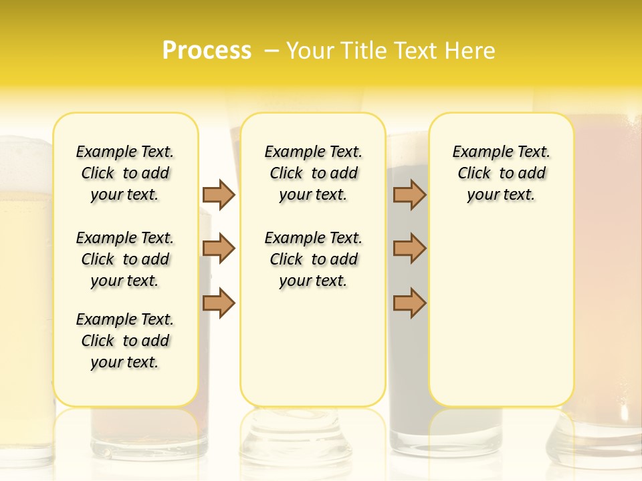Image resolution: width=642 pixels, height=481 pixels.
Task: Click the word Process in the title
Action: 207,51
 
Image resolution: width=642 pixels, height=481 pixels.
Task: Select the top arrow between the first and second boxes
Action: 219,194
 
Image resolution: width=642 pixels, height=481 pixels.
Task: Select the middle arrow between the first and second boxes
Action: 219,249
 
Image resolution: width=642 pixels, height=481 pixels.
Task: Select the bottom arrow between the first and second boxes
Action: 219,303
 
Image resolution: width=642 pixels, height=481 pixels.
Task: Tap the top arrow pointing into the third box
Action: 409,194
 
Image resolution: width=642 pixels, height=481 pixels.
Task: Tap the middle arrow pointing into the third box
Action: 409,249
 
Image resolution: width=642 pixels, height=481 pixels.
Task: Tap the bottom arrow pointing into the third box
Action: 409,303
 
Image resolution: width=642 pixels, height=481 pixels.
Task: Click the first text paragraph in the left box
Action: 125,173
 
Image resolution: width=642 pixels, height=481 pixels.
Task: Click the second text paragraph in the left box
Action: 125,259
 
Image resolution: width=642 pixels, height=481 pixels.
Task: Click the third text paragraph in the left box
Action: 125,341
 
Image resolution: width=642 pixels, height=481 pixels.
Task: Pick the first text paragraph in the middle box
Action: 313,173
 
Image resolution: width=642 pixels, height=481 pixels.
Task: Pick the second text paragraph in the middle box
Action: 313,259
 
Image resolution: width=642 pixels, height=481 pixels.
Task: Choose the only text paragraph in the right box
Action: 501,173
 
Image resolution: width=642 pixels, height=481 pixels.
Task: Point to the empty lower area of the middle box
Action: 313,347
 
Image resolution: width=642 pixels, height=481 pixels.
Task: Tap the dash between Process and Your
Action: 272,51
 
